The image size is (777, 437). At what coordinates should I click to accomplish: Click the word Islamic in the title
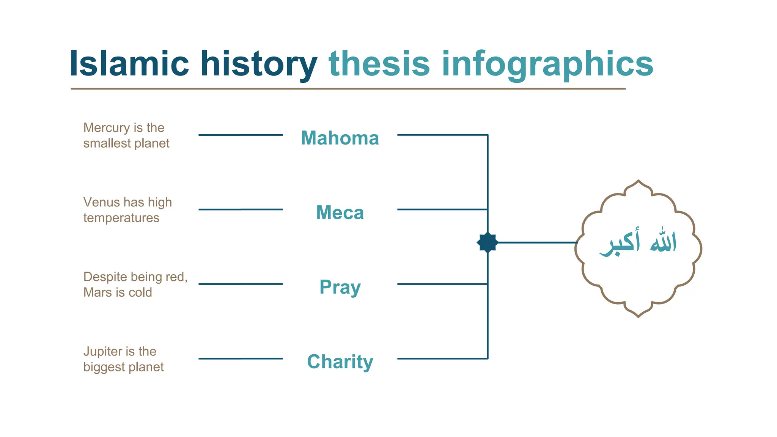coord(129,64)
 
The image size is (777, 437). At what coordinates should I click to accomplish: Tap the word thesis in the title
coord(379,64)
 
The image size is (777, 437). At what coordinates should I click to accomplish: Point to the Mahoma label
coord(340,138)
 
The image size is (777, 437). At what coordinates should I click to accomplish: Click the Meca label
coord(340,212)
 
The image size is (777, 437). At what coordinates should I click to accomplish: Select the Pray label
coord(340,287)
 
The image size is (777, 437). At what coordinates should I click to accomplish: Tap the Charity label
coord(340,362)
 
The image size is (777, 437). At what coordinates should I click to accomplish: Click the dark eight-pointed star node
coord(487,242)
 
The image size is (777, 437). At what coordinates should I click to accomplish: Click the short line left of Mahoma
coord(241,135)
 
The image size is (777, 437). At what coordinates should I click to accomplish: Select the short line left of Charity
coord(241,358)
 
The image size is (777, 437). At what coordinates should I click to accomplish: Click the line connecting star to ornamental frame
coord(537,242)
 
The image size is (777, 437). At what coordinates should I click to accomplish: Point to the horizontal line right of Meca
coord(442,209)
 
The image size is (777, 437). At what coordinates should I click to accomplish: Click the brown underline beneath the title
coord(348,89)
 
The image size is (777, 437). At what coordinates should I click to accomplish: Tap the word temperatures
coord(121,218)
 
